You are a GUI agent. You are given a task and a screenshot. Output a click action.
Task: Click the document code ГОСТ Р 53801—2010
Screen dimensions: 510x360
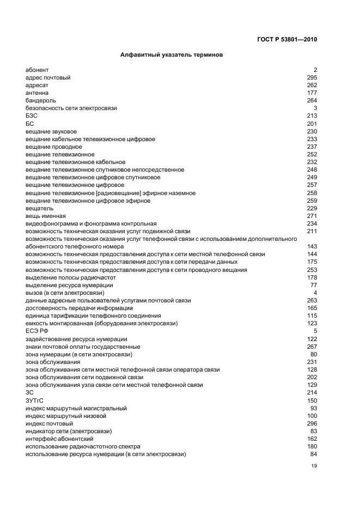tap(286, 39)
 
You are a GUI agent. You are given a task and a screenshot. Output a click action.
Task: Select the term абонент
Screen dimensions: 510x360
tap(37, 70)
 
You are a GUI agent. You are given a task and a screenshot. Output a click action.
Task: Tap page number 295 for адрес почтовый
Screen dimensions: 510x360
tap(312, 77)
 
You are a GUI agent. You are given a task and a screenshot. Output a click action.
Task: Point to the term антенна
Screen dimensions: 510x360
tap(37, 93)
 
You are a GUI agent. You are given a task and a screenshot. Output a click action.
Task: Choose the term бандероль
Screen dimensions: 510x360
tap(41, 100)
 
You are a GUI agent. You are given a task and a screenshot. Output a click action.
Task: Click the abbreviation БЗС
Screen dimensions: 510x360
tap(32, 116)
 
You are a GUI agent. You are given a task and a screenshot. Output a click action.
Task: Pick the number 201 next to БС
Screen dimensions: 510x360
tap(312, 124)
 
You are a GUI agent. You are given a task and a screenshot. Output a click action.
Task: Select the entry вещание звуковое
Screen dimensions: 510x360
tap(51, 131)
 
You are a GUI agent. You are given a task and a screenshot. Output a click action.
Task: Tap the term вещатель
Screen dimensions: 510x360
tap(39, 209)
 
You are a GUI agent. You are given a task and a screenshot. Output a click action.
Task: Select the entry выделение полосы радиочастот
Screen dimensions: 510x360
tap(71, 278)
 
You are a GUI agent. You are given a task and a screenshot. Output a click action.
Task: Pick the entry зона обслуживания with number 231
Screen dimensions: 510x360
tap(53, 362)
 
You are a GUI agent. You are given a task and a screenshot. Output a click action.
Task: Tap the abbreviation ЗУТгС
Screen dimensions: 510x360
tap(34, 400)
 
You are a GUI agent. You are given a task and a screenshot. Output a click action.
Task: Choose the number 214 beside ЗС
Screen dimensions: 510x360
tap(312, 393)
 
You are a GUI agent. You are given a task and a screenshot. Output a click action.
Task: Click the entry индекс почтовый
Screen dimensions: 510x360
tap(50, 424)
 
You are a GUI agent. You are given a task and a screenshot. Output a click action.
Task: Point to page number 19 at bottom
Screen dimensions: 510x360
tap(314, 466)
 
